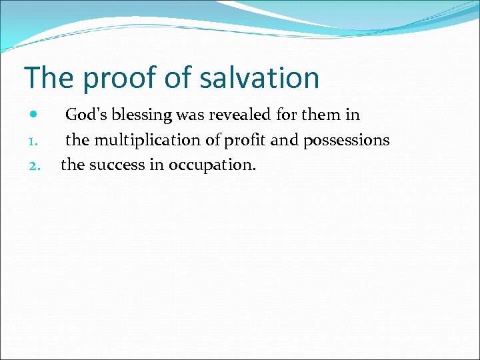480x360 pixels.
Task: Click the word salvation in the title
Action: pyautogui.click(x=270, y=78)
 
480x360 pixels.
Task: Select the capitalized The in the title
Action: pyautogui.click(x=49, y=78)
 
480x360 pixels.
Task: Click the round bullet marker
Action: pyautogui.click(x=34, y=115)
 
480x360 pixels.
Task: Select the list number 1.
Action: pyautogui.click(x=34, y=141)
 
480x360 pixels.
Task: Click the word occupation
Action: pyautogui.click(x=211, y=165)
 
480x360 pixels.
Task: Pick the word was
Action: pyautogui.click(x=190, y=115)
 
